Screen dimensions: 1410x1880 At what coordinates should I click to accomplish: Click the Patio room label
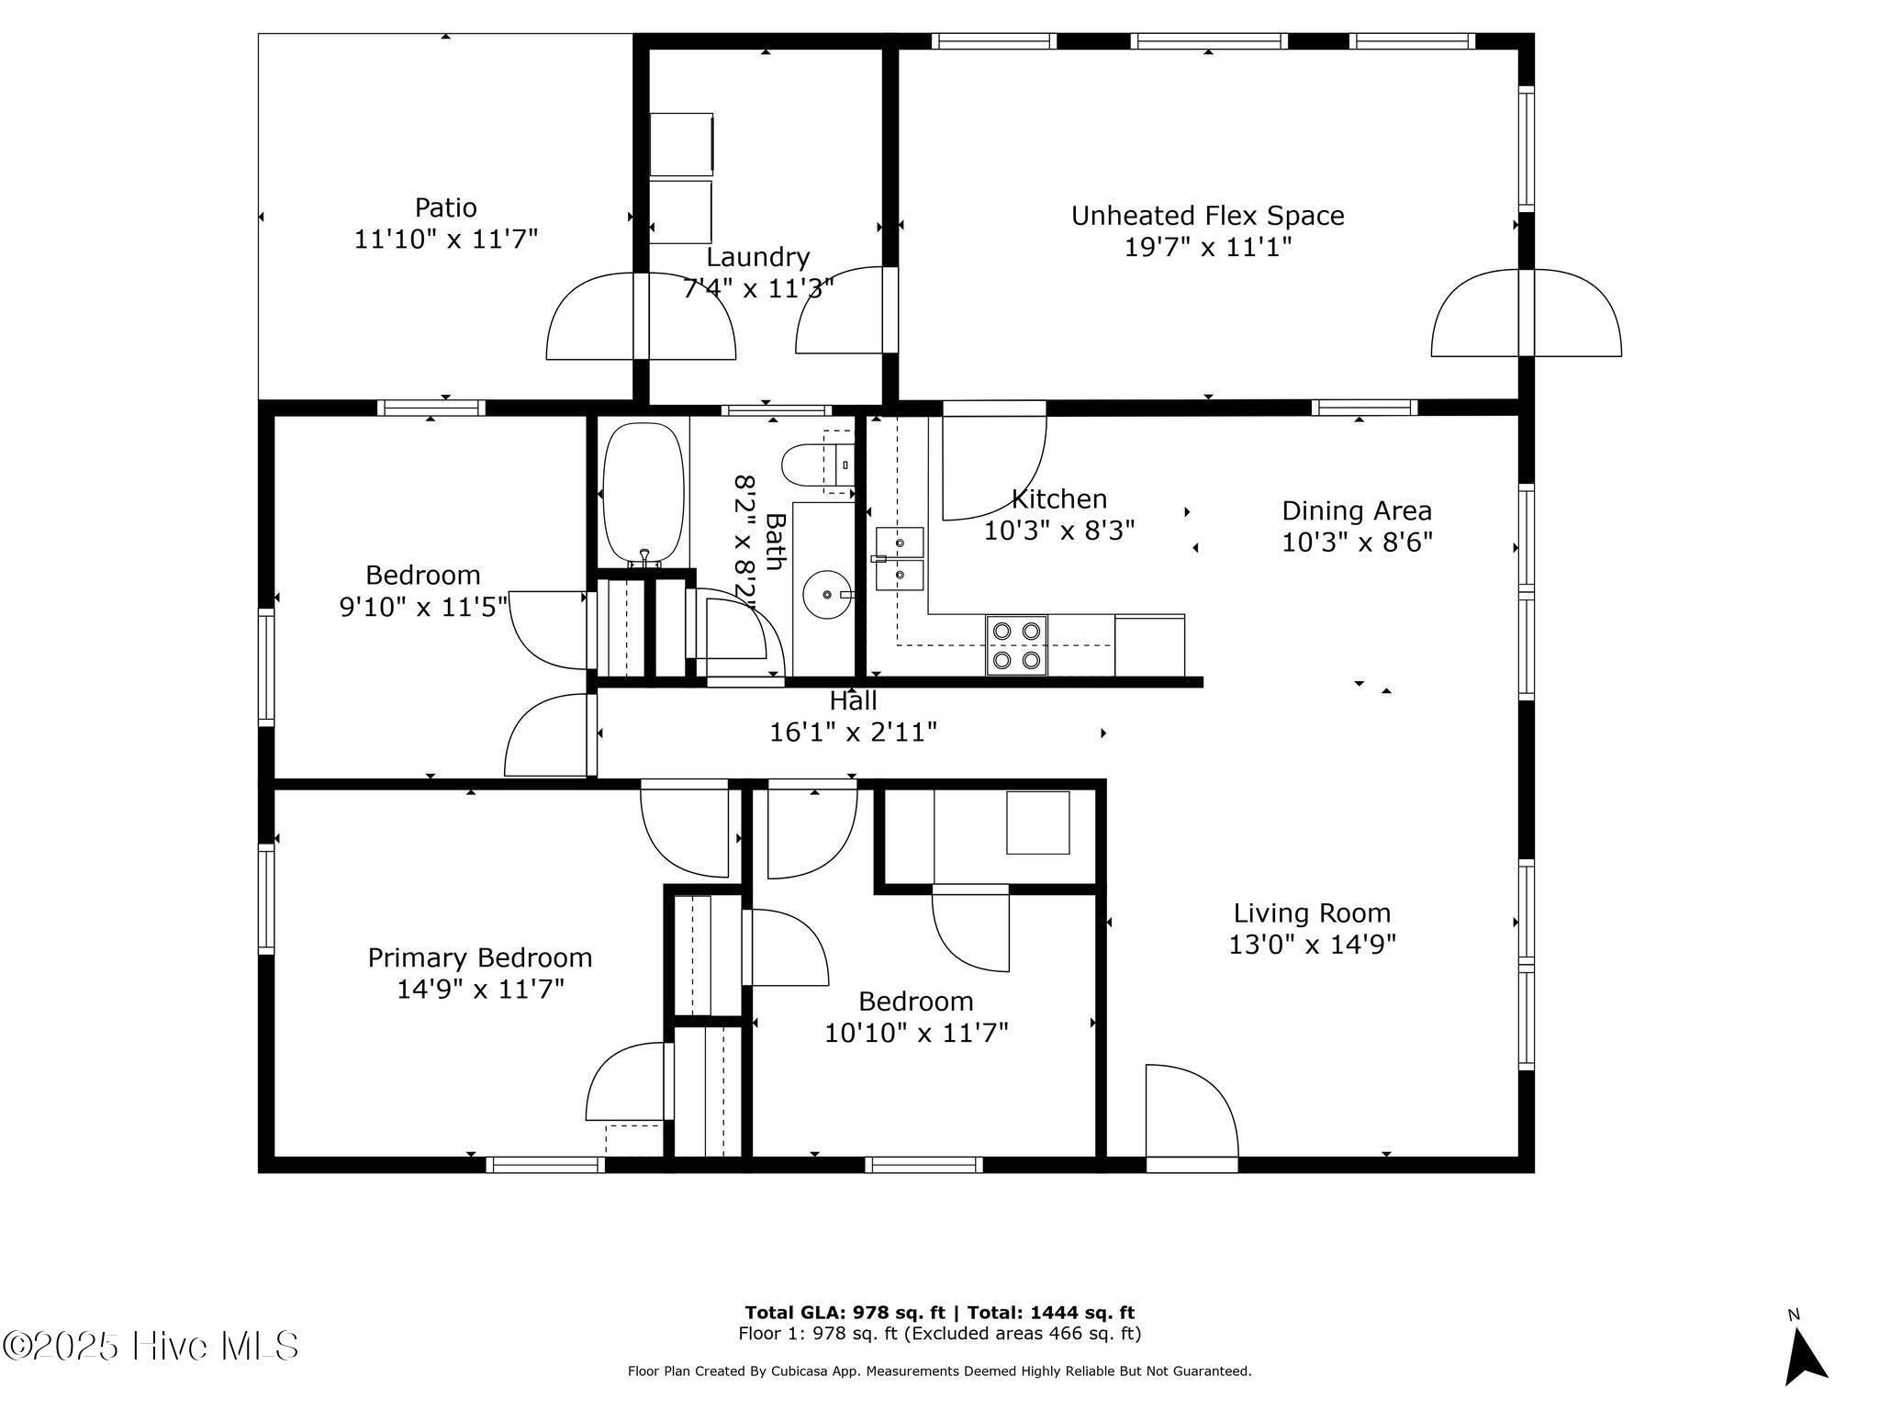445,207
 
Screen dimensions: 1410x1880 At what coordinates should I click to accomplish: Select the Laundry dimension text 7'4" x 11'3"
758,289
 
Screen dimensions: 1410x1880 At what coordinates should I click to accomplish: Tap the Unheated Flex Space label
1207,217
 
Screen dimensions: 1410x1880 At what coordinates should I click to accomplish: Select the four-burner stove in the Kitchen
1016,645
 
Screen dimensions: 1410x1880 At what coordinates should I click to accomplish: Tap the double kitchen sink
900,559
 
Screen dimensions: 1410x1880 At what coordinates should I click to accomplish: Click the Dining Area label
1356,511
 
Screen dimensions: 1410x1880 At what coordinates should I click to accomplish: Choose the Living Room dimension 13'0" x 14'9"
1312,945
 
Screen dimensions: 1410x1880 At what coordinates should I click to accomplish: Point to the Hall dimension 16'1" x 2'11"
853,733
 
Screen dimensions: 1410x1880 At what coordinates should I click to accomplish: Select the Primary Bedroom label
479,958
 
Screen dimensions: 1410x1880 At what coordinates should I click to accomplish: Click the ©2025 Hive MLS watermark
151,1347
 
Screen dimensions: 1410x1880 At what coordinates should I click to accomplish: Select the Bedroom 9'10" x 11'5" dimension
423,607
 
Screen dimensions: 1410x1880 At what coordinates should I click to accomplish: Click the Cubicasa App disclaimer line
939,1371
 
